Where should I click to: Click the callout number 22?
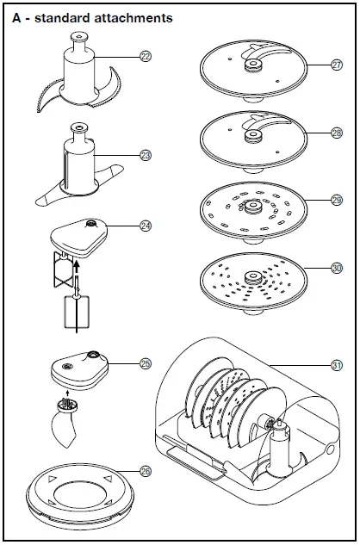pyautogui.click(x=146, y=56)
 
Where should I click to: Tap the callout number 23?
pyautogui.click(x=146, y=155)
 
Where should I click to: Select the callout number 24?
pyautogui.click(x=146, y=226)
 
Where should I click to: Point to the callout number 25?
pyautogui.click(x=146, y=363)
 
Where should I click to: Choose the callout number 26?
pyautogui.click(x=146, y=471)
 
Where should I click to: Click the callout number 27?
pyautogui.click(x=337, y=65)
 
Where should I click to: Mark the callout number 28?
pyautogui.click(x=337, y=133)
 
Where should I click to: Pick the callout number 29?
pyautogui.click(x=337, y=200)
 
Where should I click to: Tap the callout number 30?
pyautogui.click(x=337, y=268)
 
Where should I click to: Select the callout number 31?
pyautogui.click(x=337, y=365)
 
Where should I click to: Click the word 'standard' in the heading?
pyautogui.click(x=62, y=18)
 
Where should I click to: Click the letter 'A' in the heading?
pyautogui.click(x=16, y=18)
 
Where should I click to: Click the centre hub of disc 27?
pyautogui.click(x=253, y=65)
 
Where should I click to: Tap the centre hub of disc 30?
pyautogui.click(x=253, y=277)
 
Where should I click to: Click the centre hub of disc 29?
pyautogui.click(x=253, y=207)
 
